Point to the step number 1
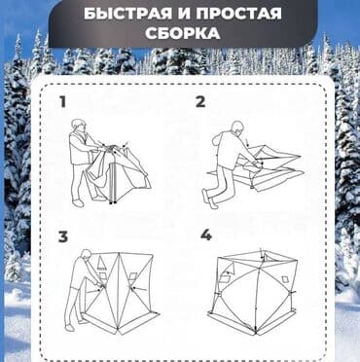(62, 100)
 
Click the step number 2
(200, 100)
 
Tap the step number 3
(62, 236)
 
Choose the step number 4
(205, 236)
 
